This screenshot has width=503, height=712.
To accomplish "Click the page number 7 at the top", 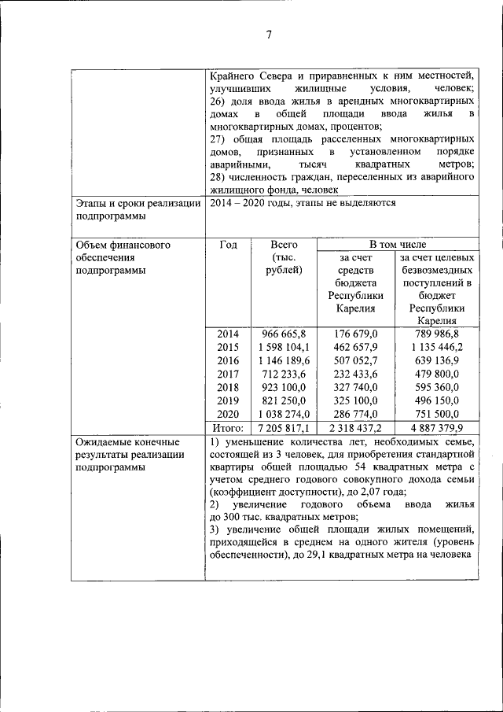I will click(x=268, y=35).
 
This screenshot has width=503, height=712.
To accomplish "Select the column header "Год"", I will click(x=228, y=245).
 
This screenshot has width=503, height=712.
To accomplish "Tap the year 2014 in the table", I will click(x=228, y=334).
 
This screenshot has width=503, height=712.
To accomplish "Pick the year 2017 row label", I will click(x=228, y=374).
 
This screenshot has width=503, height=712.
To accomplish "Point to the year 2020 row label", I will click(x=228, y=414).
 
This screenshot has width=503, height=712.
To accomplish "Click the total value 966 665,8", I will click(x=284, y=334).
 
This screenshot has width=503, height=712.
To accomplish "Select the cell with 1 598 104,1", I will click(x=284, y=347).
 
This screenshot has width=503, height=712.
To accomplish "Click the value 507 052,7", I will click(x=355, y=360).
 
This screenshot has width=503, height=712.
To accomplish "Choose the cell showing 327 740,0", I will click(x=355, y=387).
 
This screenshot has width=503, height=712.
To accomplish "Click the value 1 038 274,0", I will click(x=284, y=414).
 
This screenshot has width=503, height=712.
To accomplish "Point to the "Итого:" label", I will click(x=228, y=428).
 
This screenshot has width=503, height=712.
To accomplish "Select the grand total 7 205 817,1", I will click(x=284, y=428).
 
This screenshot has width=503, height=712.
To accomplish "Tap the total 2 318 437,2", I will click(x=355, y=428).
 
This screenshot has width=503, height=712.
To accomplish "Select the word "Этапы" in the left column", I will click(x=91, y=203).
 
